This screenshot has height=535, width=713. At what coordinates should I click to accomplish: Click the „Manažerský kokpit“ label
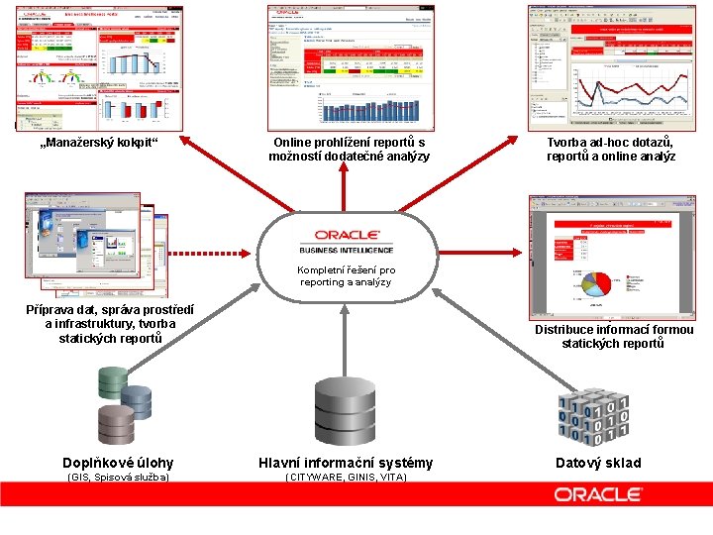[98, 143]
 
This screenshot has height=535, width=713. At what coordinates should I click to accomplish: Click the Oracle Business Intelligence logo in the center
[346, 241]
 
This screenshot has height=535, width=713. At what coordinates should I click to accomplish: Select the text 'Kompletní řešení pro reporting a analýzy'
[346, 275]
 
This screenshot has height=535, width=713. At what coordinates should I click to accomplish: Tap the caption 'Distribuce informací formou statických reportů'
[614, 336]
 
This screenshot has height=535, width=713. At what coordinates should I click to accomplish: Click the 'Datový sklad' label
[597, 463]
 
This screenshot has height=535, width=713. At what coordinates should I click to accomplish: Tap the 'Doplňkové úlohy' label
[118, 463]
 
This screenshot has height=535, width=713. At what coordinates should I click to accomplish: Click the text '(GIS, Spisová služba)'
[118, 478]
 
